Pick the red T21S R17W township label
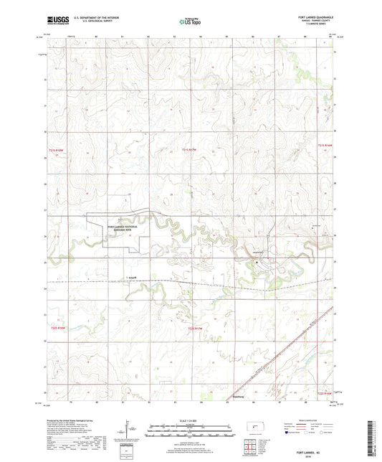(x=189, y=149)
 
